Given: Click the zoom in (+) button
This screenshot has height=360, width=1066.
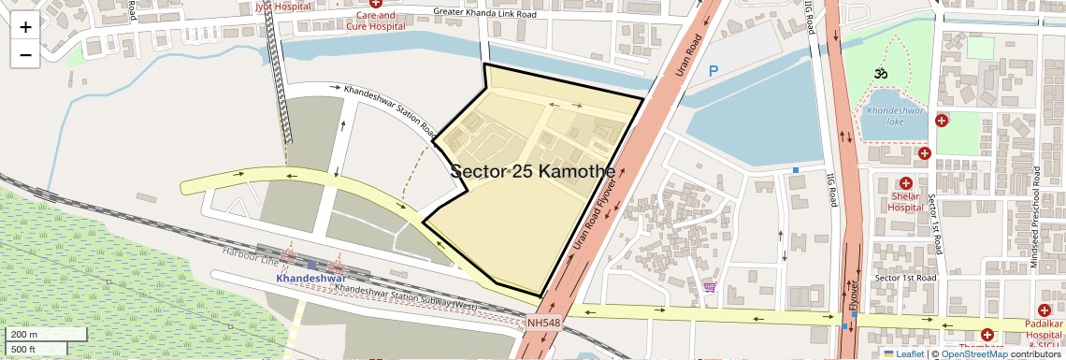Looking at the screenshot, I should (25, 27).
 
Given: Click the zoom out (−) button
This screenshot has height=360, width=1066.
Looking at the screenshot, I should (25, 54).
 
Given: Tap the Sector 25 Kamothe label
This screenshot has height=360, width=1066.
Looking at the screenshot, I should (533, 172).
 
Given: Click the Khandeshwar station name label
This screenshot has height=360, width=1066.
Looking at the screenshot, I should (312, 279).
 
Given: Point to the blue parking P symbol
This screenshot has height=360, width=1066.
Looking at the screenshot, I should (714, 71).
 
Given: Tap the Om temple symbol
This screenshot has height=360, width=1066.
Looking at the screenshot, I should (879, 73).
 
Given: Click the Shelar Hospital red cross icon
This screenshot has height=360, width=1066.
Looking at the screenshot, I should (905, 184).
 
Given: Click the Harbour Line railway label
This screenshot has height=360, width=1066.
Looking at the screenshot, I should (246, 253).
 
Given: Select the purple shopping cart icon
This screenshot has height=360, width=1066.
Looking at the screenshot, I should (710, 287).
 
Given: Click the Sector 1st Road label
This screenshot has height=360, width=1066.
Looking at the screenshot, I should (904, 279).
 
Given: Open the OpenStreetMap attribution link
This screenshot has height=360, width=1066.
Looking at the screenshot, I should (974, 353).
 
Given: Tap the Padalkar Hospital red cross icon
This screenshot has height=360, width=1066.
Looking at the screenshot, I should (1044, 310).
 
